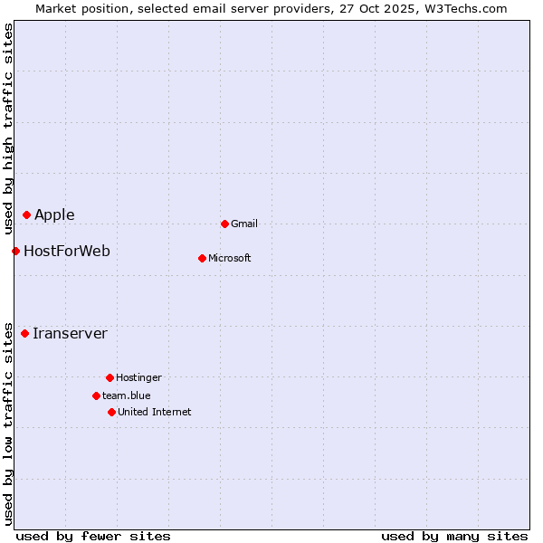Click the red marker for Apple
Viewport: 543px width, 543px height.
click(27, 214)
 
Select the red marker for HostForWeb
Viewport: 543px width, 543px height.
click(16, 251)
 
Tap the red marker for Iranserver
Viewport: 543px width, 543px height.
click(25, 333)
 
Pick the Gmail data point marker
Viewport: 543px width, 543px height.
click(224, 224)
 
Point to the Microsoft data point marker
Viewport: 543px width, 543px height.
click(202, 258)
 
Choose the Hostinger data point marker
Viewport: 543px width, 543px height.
click(110, 377)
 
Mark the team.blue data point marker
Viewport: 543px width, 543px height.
click(96, 395)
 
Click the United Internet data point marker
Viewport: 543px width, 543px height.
click(111, 412)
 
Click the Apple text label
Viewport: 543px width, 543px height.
click(54, 214)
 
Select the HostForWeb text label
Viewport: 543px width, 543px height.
click(67, 251)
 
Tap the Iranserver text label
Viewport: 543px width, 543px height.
click(70, 333)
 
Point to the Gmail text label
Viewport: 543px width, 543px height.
click(244, 224)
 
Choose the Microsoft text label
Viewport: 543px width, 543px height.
click(230, 258)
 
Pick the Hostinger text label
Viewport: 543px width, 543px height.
click(138, 377)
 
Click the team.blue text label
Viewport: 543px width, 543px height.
click(127, 395)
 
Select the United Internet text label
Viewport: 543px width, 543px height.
click(155, 412)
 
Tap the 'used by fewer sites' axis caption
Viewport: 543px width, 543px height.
click(93, 536)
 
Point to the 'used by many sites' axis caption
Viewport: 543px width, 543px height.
click(454, 536)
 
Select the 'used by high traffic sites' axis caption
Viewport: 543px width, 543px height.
click(8, 127)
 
